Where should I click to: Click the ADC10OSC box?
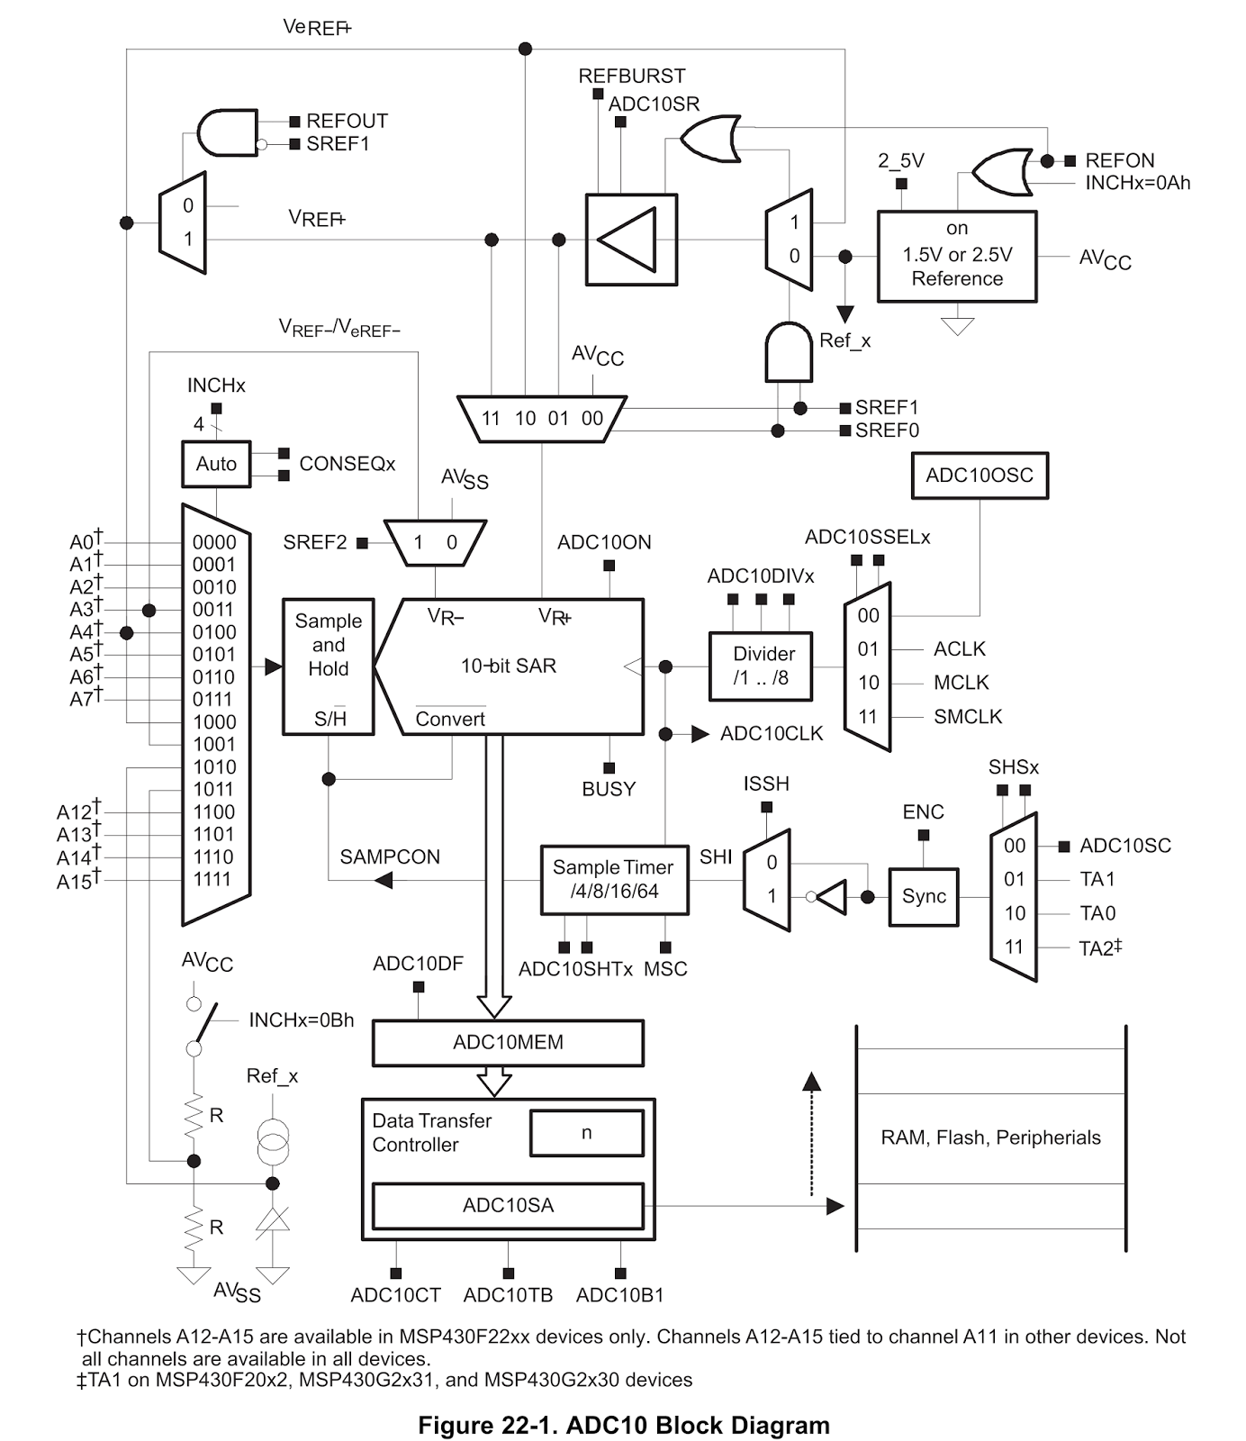[x=980, y=476]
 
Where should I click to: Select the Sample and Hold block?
[x=329, y=666]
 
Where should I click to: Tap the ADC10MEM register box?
[x=508, y=1043]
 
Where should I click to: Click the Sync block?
[x=924, y=897]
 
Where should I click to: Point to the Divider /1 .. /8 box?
[x=761, y=666]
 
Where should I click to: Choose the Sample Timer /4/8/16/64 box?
[x=614, y=880]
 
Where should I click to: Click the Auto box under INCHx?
[x=216, y=464]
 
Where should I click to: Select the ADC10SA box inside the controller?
[x=508, y=1206]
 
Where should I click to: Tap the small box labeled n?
[x=587, y=1133]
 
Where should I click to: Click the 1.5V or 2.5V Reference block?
[x=957, y=256]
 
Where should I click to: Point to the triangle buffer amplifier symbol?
[x=631, y=240]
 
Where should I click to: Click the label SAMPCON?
[x=390, y=857]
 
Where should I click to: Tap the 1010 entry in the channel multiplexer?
[x=214, y=767]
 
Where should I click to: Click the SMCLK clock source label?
[x=968, y=717]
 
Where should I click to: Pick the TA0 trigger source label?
[x=1097, y=914]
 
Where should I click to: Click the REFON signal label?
[x=1119, y=160]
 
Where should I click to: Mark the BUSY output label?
[x=609, y=789]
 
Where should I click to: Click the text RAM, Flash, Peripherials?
[x=990, y=1137]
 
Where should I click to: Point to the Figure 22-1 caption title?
[x=624, y=1426]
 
